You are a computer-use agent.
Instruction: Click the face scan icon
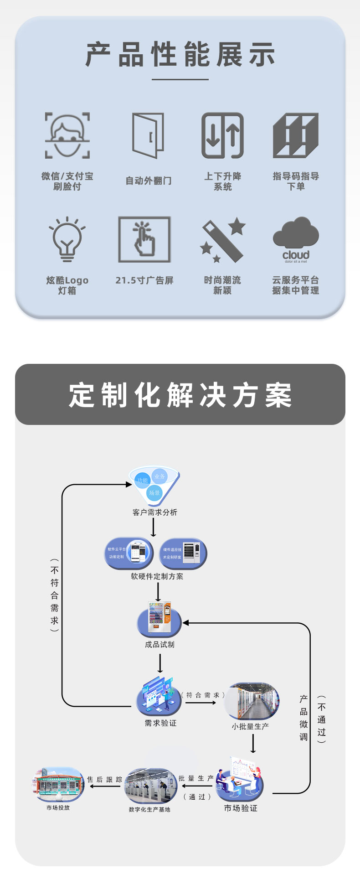67,135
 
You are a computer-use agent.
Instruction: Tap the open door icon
148,135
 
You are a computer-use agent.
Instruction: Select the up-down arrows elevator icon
223,135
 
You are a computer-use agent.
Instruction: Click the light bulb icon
67,239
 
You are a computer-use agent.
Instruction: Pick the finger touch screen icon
144,239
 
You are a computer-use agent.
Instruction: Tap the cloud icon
296,239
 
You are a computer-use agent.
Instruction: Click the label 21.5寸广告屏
144,280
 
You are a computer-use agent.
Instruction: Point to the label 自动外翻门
149,181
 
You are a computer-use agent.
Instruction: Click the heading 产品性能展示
180,55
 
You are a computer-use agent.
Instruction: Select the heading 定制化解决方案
180,395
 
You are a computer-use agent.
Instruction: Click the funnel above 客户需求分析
154,485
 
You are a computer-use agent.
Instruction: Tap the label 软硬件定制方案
157,576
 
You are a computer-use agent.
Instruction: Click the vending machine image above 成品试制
159,619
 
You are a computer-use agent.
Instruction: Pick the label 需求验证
160,723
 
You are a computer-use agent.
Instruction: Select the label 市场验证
241,808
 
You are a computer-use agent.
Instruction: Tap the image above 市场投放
58,784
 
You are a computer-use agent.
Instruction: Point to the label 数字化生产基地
149,810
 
